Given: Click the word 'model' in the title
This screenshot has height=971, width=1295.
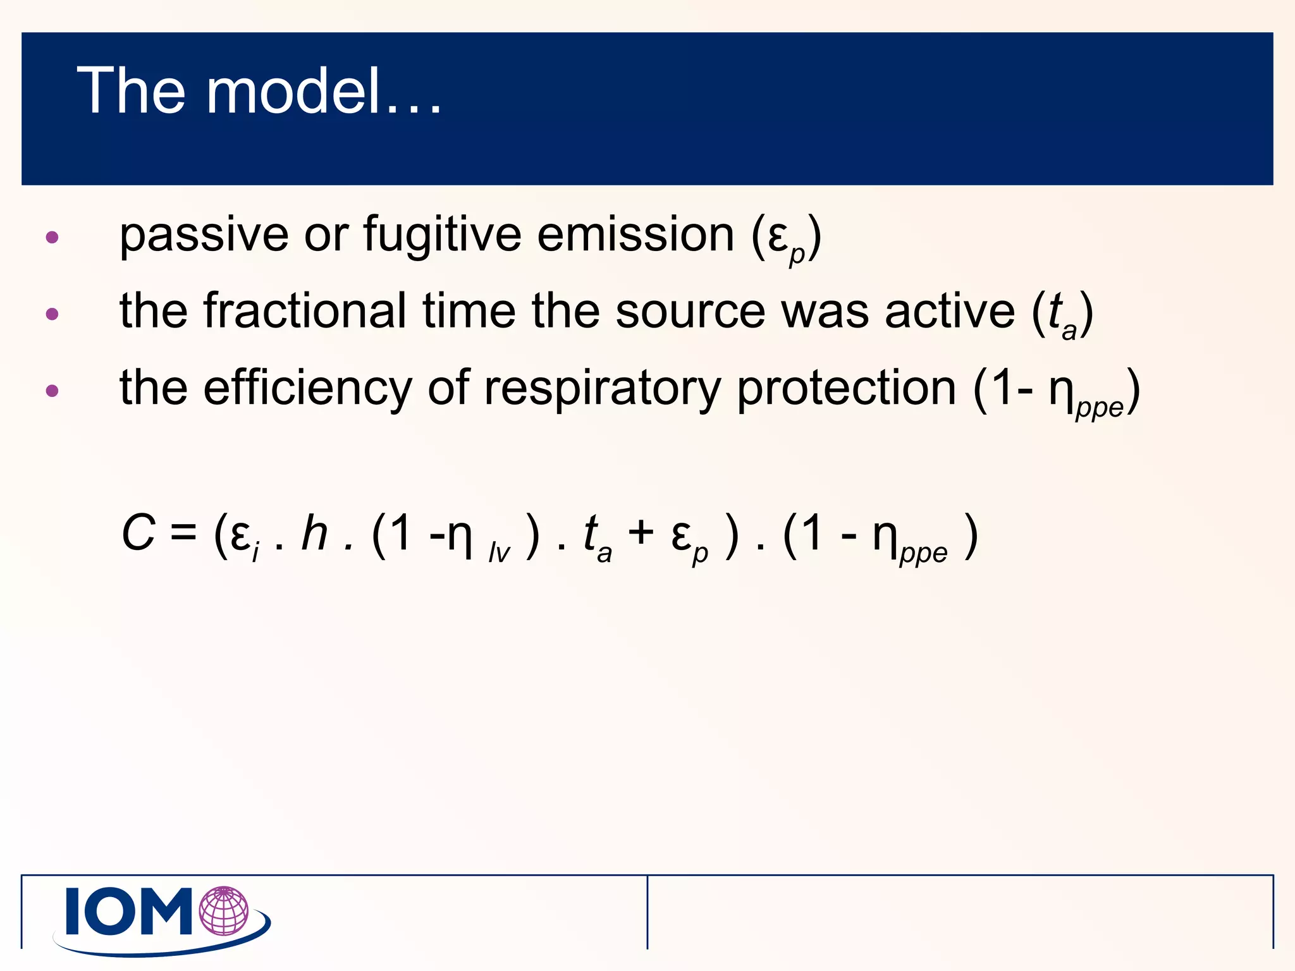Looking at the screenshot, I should point(294,92).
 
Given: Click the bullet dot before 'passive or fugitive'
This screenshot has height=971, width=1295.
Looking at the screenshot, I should point(52,238).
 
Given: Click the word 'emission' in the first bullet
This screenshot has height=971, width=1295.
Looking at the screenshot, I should point(635,235).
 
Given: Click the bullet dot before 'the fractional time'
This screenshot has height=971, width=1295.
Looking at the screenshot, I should point(52,314).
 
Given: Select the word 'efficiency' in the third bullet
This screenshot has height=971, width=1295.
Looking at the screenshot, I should point(307,388).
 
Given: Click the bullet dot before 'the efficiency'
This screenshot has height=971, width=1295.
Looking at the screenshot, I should point(52,391).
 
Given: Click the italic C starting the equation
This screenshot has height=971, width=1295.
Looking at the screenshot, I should point(138,534).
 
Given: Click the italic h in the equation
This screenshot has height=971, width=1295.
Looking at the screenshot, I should point(314,532).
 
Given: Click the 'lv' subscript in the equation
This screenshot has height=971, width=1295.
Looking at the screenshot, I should point(499,553).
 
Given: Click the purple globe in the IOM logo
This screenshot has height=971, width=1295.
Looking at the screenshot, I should point(223,911).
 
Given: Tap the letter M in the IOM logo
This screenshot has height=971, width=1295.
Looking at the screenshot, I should point(166,911).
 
